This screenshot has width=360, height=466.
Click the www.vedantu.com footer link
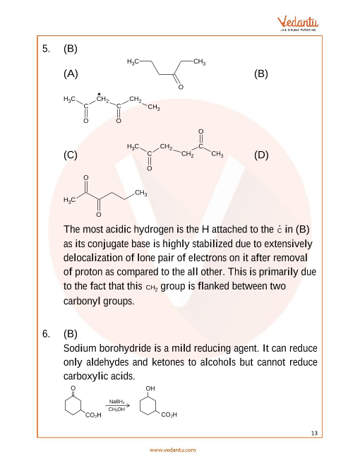tap(173, 450)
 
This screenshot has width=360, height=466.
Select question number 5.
tap(46, 49)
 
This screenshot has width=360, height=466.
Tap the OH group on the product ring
tap(150, 389)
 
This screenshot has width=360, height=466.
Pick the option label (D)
tap(261, 156)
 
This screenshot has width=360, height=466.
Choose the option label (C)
tap(70, 156)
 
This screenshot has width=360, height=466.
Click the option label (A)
tap(70, 73)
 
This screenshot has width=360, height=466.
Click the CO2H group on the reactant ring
tap(93, 414)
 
